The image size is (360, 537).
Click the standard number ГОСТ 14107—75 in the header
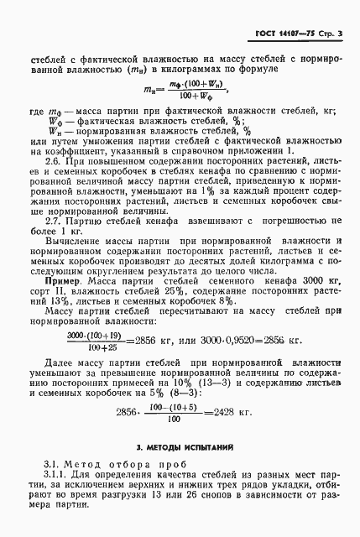(x=286, y=34)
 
